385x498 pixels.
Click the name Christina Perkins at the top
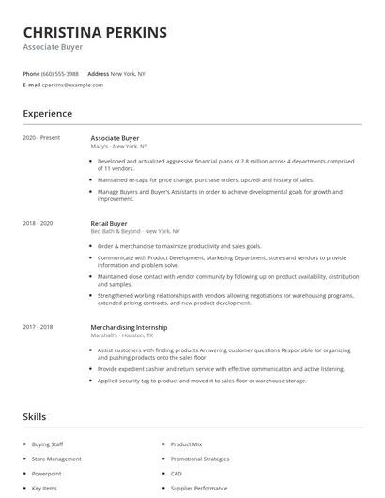[95, 32]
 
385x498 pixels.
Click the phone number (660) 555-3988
[60, 73]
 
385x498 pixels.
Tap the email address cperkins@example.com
[72, 85]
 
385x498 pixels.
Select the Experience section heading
[47, 114]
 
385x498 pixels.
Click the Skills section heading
[35, 416]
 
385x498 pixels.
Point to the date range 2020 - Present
[41, 138]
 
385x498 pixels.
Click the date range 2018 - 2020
[39, 223]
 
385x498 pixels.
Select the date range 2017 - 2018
[39, 326]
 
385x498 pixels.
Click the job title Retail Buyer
[109, 223]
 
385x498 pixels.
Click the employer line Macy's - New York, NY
[119, 147]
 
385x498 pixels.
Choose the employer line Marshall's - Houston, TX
[121, 335]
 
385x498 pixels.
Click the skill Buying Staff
[47, 444]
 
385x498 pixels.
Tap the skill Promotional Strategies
[199, 459]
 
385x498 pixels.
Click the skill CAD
[176, 474]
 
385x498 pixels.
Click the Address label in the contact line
[98, 73]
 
